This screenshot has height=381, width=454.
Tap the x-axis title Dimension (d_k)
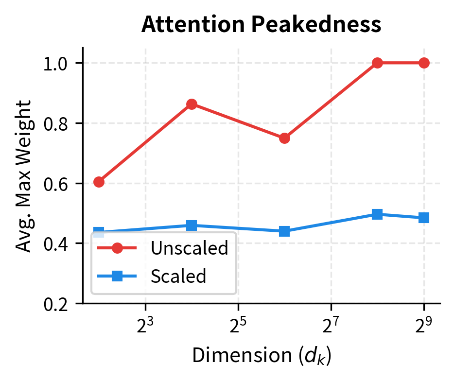pos(261,356)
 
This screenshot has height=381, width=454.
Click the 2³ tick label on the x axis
pos(145,324)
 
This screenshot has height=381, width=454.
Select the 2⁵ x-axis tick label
pos(238,324)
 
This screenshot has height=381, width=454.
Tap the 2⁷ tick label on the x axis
pos(331,324)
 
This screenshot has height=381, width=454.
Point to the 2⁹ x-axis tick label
pos(424,324)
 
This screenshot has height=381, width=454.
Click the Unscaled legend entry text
pos(189,248)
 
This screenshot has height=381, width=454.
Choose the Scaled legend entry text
pos(178,277)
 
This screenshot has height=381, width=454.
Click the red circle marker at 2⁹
pos(424,63)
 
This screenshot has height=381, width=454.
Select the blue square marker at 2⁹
pos(424,218)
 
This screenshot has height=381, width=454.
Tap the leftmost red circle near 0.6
pos(99,182)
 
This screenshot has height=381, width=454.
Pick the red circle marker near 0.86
pos(192,104)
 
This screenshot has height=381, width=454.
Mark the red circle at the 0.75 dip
pos(284,138)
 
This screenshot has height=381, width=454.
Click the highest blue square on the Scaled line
pos(377,214)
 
